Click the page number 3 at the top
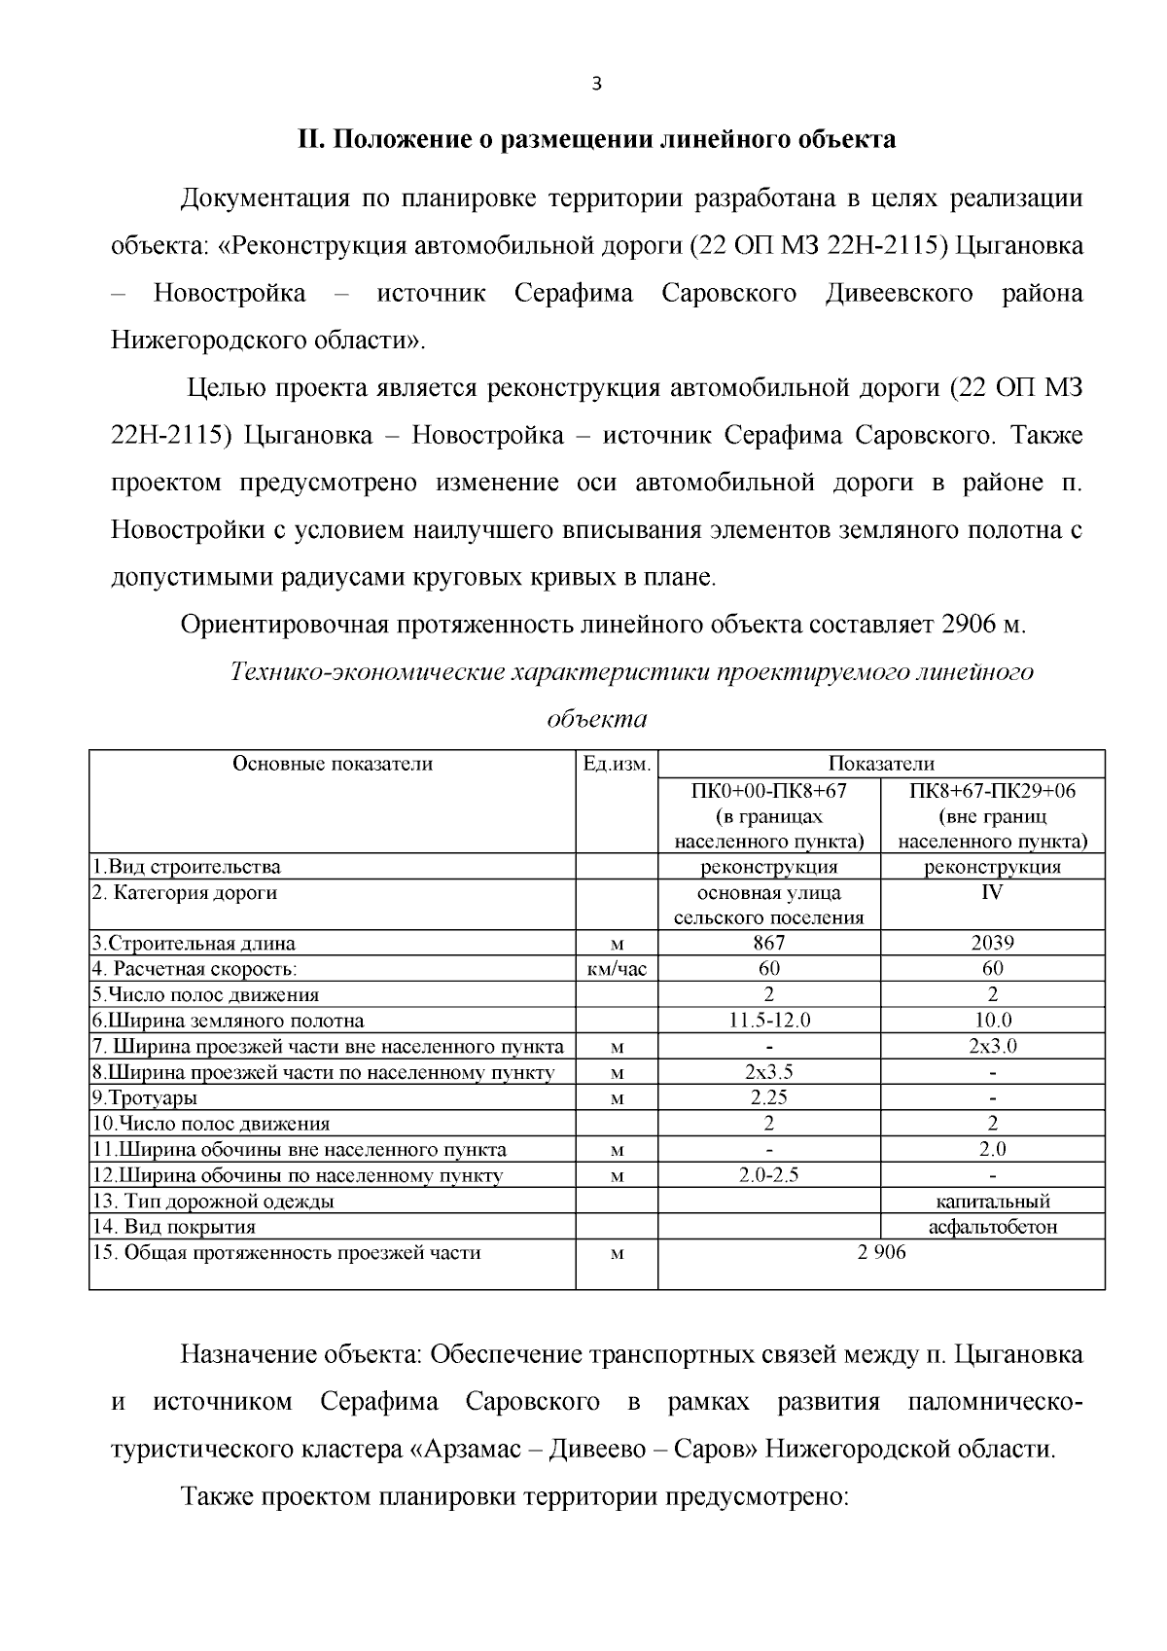pos(597,85)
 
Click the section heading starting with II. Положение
pos(596,140)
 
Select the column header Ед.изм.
pos(616,764)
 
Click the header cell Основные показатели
pos(333,764)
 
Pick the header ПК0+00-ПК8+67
pos(768,791)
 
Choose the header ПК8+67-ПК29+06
pos(992,791)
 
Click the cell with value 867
pos(768,943)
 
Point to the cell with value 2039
pos(992,943)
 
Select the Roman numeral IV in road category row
pos(992,892)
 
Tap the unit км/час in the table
pos(617,969)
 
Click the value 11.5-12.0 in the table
pos(768,1021)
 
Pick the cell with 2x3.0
pos(992,1047)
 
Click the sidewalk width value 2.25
pos(768,1097)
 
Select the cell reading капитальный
pos(992,1202)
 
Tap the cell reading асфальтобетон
pos(992,1228)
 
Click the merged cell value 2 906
pos(881,1253)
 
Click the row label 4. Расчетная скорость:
pos(194,969)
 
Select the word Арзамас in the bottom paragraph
pos(466,1450)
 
